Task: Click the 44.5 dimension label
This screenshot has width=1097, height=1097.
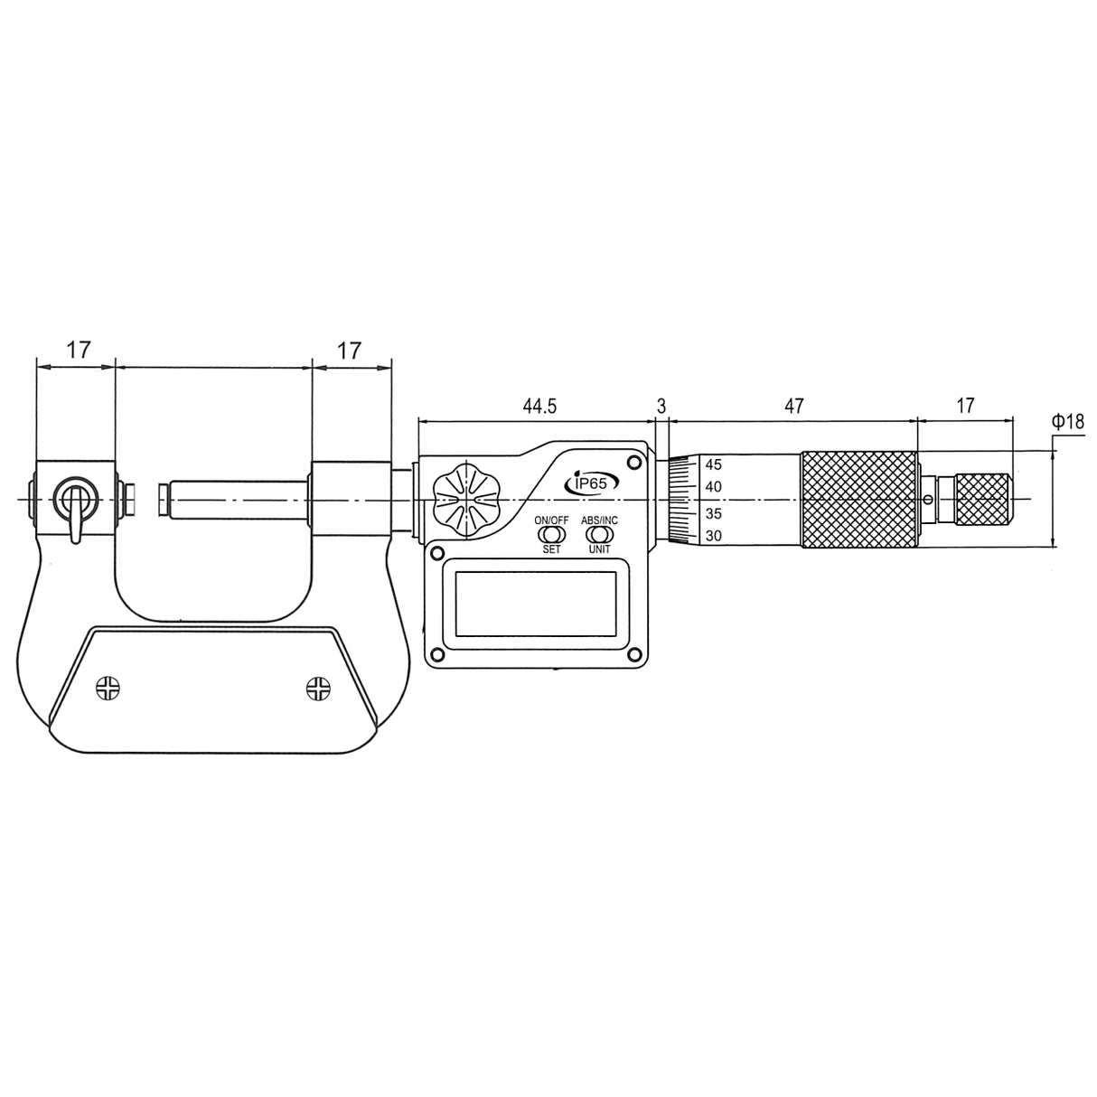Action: point(539,407)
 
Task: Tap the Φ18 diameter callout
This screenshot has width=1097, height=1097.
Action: point(1068,421)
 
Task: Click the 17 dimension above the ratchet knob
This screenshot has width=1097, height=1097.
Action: point(965,407)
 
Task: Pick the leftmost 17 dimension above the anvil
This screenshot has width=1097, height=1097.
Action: point(79,351)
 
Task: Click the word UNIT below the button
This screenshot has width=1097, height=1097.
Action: point(599,549)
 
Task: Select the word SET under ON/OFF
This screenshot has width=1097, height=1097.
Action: point(551,549)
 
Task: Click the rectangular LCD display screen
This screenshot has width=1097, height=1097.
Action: point(536,603)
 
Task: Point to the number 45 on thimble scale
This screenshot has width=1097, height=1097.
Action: point(714,465)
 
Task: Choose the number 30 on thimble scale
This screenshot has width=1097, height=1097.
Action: point(714,536)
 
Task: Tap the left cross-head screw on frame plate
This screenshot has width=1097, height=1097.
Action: point(108,688)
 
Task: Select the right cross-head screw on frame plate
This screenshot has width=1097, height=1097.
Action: point(318,688)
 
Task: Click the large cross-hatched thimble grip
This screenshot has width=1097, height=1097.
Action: point(858,499)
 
